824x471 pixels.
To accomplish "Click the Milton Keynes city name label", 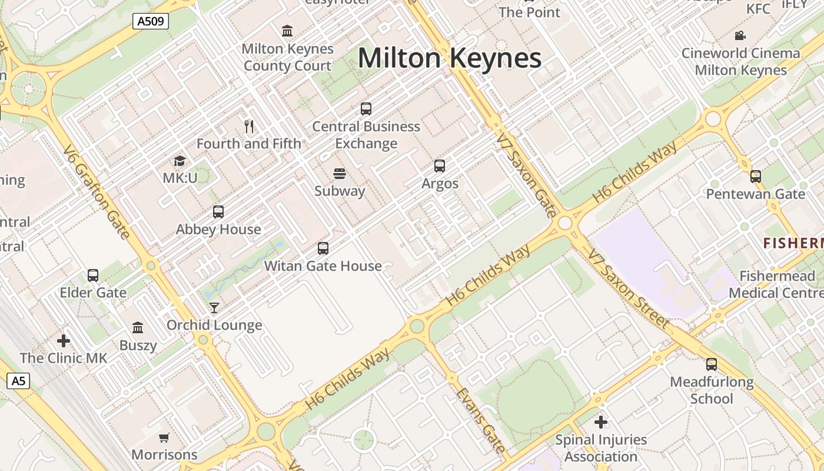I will click(x=449, y=58).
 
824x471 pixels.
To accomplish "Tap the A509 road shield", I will click(x=151, y=22).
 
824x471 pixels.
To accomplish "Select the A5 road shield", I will click(x=18, y=381).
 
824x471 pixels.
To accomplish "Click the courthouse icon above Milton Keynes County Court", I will click(x=287, y=31).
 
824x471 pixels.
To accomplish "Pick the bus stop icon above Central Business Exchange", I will click(x=366, y=109).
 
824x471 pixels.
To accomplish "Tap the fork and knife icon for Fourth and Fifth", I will click(x=249, y=126).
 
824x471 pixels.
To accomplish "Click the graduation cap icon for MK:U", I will click(x=180, y=161).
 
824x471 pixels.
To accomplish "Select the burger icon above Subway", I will click(x=339, y=174).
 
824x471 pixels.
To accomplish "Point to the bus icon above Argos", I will click(x=440, y=166).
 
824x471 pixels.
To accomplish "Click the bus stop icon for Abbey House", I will click(x=218, y=212).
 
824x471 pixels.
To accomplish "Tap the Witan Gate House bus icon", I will click(x=323, y=248).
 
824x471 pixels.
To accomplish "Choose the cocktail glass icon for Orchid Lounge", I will click(x=214, y=308).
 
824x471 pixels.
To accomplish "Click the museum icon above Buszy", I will click(x=138, y=327).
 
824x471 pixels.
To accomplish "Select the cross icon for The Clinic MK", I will click(x=64, y=341).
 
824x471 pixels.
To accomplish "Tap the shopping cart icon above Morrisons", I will click(x=164, y=437).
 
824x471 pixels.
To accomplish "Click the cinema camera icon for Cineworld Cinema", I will click(x=740, y=36).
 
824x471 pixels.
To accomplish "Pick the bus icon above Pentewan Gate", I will click(x=755, y=177).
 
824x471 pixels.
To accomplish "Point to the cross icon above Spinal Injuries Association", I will click(x=600, y=422).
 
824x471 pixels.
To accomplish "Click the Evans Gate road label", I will click(x=480, y=420).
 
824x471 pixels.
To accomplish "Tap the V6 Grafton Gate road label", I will click(x=97, y=192).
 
